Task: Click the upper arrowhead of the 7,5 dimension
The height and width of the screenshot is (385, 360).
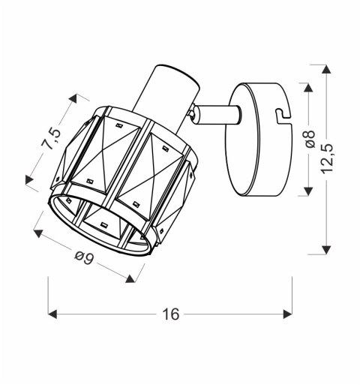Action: [x=74, y=98]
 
